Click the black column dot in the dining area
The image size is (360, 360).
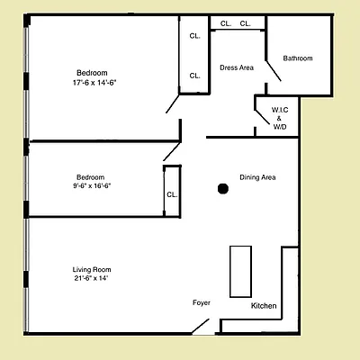click(x=222, y=188)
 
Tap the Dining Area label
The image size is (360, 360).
click(x=257, y=177)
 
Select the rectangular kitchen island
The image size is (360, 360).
click(x=241, y=270)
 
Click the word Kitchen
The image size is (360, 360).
click(x=264, y=307)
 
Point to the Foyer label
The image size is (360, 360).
click(x=202, y=302)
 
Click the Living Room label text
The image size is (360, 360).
click(x=92, y=269)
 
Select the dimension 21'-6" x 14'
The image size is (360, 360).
click(x=92, y=279)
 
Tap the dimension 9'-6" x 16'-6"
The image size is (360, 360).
click(x=93, y=185)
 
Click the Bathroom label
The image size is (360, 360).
click(x=298, y=58)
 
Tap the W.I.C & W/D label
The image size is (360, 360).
click(x=279, y=118)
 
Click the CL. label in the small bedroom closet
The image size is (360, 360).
click(x=171, y=194)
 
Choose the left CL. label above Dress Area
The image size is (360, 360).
click(x=226, y=23)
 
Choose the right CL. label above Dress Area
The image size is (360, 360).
click(x=246, y=23)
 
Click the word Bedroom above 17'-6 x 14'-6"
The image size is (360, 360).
click(x=92, y=72)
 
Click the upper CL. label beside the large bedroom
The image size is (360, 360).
click(x=194, y=37)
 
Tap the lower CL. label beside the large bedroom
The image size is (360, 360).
click(x=194, y=76)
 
